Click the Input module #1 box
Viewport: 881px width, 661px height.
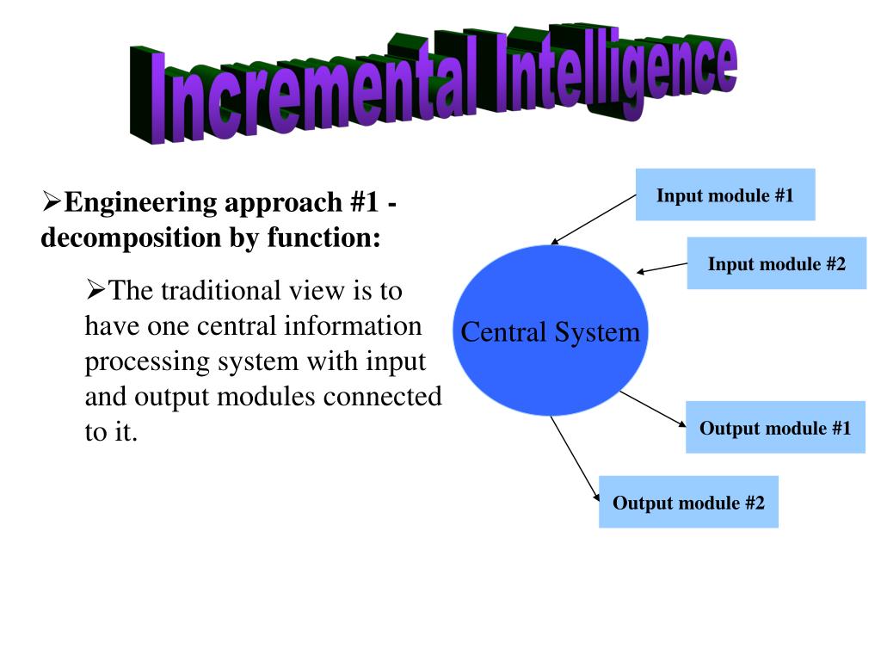pyautogui.click(x=724, y=195)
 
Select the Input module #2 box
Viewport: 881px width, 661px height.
pyautogui.click(x=776, y=263)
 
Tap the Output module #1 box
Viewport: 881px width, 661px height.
pyautogui.click(x=775, y=428)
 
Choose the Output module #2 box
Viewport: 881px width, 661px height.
pyautogui.click(x=688, y=502)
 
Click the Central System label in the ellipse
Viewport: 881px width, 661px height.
pyautogui.click(x=551, y=332)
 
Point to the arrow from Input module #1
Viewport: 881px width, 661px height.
pyautogui.click(x=594, y=219)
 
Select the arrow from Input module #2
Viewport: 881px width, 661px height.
pyautogui.click(x=662, y=269)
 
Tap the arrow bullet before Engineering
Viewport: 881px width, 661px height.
pyautogui.click(x=52, y=203)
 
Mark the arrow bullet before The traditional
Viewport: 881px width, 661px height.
pyautogui.click(x=95, y=291)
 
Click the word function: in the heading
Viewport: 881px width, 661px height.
pyautogui.click(x=323, y=237)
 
